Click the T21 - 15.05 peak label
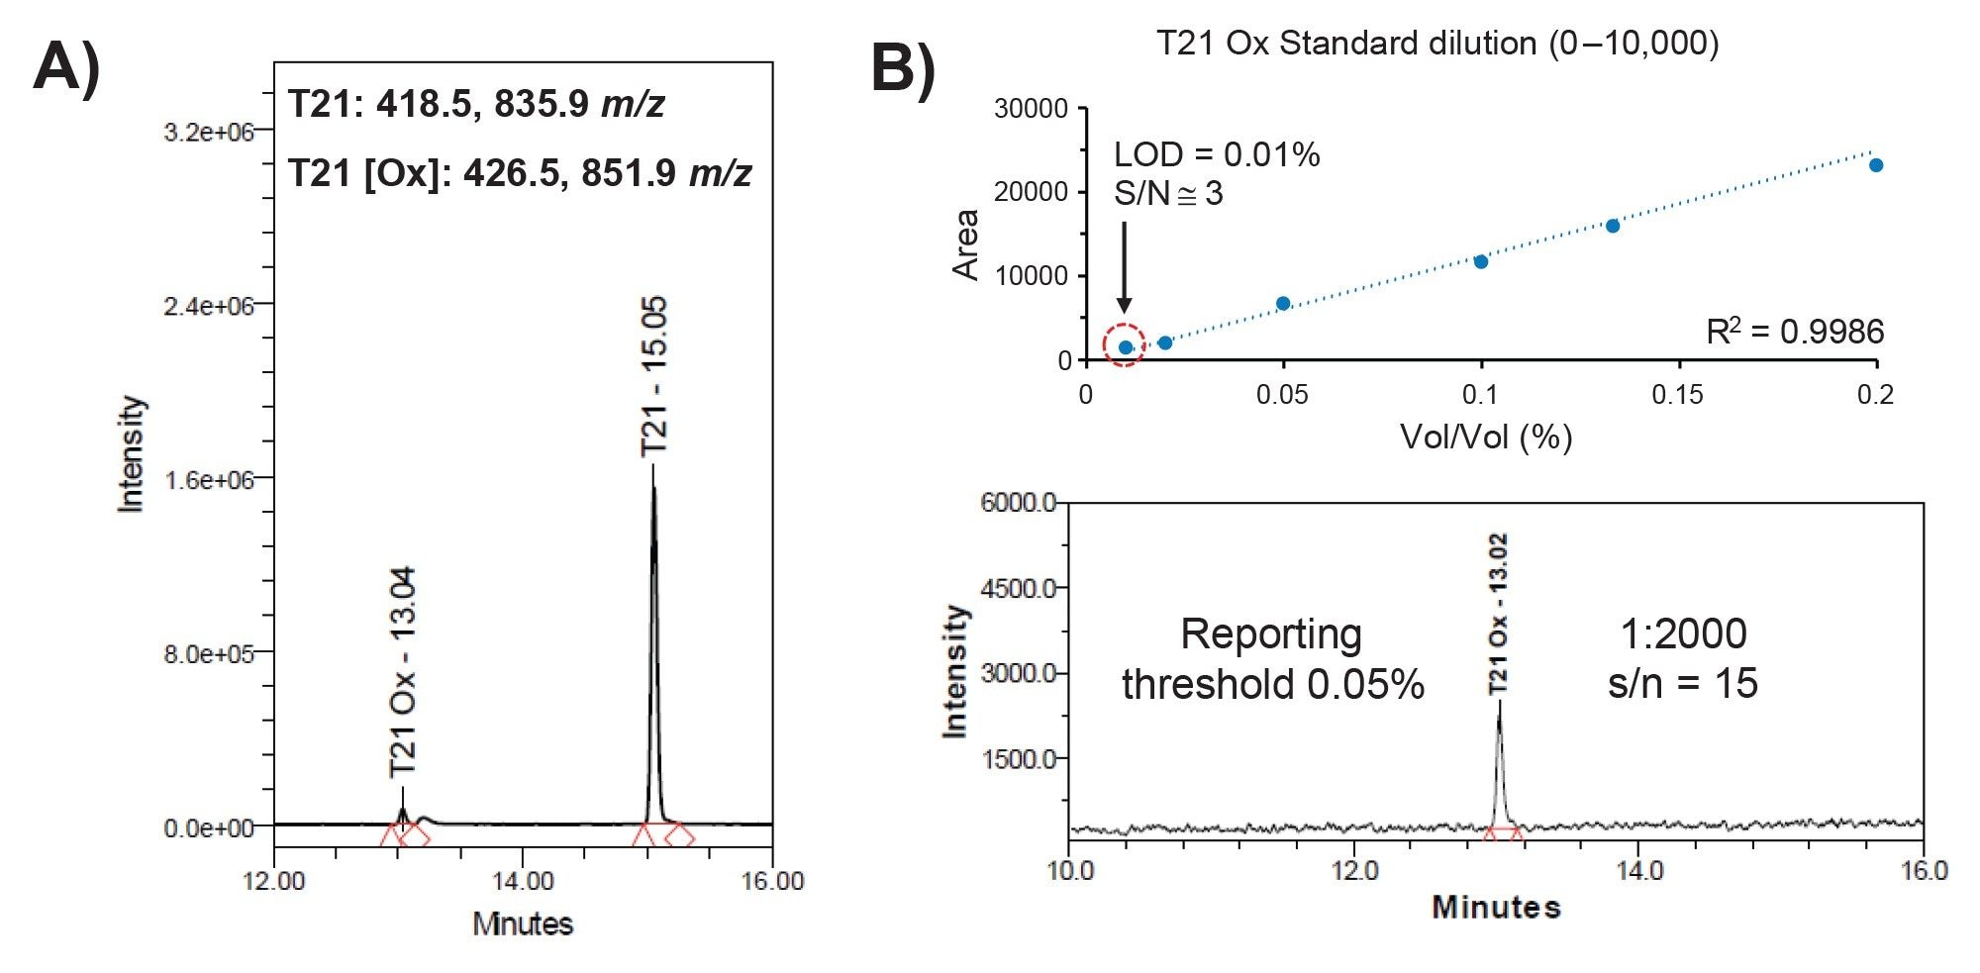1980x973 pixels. pos(654,377)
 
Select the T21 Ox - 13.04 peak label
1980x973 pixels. pos(403,672)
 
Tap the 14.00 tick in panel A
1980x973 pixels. pos(523,881)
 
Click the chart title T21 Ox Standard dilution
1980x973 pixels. pos(1436,43)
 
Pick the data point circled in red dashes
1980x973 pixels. pos(1126,346)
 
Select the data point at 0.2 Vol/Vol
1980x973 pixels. pos(1875,165)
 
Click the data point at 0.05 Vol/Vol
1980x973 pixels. pos(1283,303)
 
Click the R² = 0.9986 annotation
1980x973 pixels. pos(1794,333)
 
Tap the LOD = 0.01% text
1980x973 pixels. pos(1217,154)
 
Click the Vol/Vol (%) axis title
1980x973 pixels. pos(1485,437)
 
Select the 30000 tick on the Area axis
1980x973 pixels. pos(1031,108)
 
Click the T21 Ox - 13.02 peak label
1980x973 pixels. pos(1498,614)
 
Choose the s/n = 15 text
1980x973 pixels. pos(1682,684)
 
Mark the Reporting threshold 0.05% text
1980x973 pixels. pos(1272,658)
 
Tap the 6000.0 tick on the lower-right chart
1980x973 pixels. pos(1018,502)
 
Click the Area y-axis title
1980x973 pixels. pos(965,244)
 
